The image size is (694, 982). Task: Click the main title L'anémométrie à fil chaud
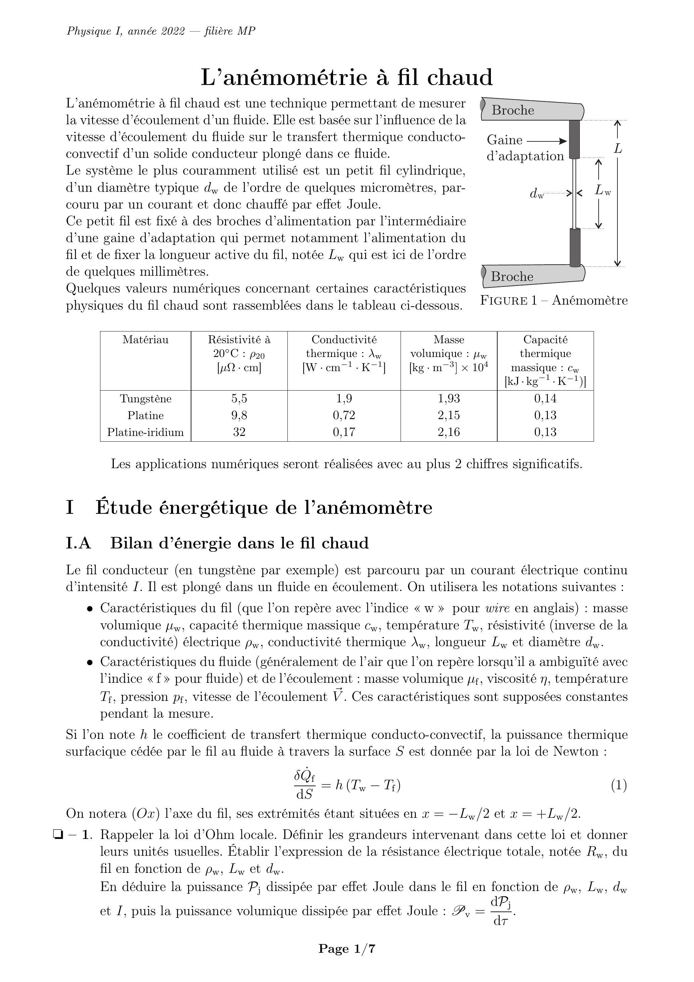point(347,78)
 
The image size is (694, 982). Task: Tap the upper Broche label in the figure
point(513,110)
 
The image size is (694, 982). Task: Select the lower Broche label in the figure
point(512,277)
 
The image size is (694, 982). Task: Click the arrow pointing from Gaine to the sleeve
point(547,141)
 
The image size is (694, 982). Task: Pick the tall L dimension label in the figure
point(618,149)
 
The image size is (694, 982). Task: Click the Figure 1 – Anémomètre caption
point(554,300)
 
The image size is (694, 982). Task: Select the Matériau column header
point(145,340)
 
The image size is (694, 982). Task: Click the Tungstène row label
point(145,399)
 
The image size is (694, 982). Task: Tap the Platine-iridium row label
point(145,432)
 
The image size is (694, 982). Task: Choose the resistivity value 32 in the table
point(239,432)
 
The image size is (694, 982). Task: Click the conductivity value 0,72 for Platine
point(344,415)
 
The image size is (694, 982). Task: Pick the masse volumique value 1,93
point(449,399)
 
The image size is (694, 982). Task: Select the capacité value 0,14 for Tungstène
point(545,399)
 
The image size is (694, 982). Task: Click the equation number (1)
point(619,785)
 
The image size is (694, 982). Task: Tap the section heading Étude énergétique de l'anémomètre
point(264,508)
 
